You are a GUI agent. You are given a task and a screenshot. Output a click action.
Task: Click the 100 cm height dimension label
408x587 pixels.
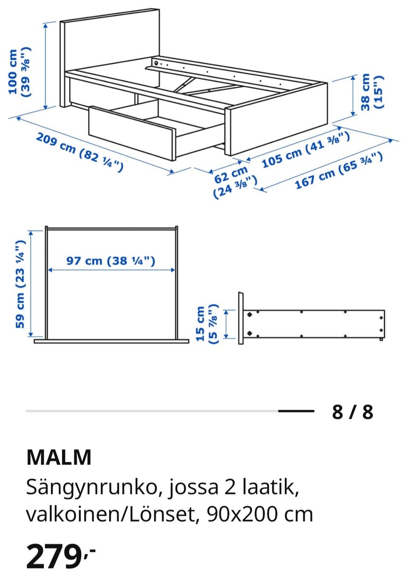point(20,72)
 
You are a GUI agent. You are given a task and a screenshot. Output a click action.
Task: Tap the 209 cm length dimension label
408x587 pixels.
point(79,152)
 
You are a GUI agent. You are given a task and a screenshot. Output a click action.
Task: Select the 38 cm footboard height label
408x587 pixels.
point(372,92)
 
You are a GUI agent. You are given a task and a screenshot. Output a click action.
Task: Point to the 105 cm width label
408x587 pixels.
point(305,150)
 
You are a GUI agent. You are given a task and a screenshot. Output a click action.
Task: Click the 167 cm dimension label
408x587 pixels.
point(339,170)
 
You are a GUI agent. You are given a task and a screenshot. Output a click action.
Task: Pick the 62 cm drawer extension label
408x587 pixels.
point(235,182)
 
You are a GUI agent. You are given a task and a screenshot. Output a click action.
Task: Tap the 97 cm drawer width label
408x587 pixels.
point(111,261)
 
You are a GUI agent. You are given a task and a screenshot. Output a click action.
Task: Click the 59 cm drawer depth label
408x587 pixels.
point(20,284)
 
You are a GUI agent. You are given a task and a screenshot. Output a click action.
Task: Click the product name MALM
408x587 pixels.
point(59,457)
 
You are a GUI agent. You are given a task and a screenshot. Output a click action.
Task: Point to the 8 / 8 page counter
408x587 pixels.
point(352,412)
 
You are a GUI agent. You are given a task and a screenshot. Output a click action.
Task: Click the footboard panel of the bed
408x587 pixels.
point(277,119)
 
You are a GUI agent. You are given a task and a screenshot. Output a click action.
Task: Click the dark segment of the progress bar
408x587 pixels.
point(296,411)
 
